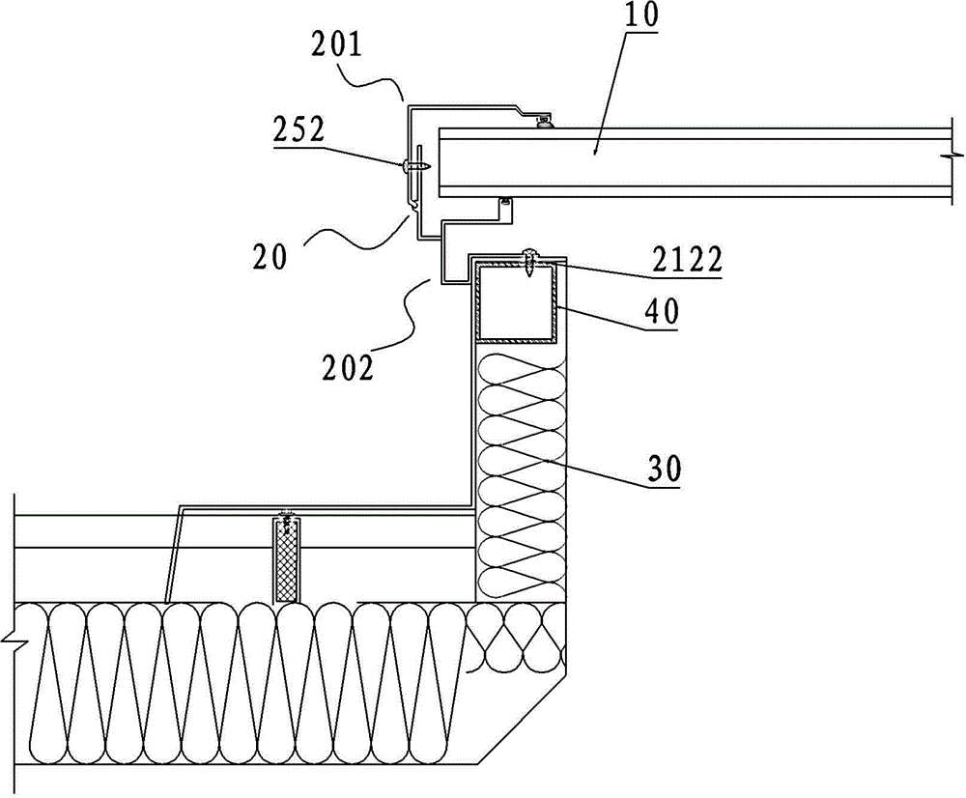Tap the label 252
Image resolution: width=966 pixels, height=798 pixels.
coord(326,130)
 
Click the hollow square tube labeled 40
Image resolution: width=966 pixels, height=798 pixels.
coord(517,304)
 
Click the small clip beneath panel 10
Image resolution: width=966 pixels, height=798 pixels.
coord(502,203)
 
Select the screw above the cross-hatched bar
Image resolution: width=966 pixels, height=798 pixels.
coord(286,522)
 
